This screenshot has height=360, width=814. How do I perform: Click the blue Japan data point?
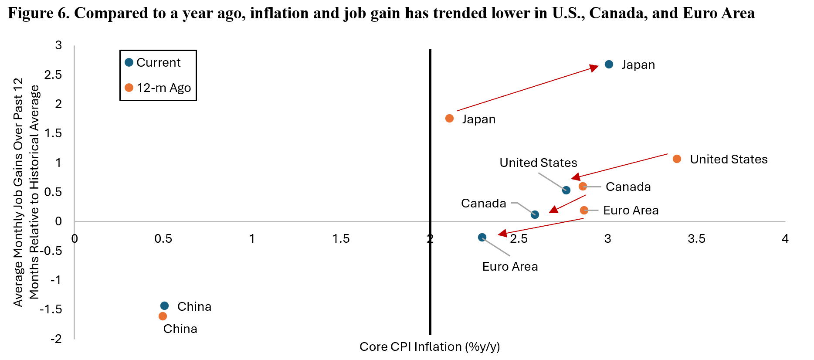point(609,65)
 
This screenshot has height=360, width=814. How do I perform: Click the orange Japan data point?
point(450,119)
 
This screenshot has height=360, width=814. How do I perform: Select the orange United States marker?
point(677,159)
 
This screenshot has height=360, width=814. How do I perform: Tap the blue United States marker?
point(566,190)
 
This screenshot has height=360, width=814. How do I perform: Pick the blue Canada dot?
point(535,214)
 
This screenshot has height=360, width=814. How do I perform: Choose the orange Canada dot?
point(583,187)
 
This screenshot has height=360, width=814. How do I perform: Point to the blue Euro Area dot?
point(482,238)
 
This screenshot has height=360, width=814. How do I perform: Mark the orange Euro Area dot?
point(584,211)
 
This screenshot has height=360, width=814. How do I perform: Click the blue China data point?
point(164,306)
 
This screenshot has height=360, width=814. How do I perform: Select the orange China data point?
point(163,316)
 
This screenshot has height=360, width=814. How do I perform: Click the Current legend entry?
point(153,63)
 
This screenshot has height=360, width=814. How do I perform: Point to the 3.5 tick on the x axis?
point(696,239)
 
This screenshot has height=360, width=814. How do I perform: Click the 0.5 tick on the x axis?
point(163,239)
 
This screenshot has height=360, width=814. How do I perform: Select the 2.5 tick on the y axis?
point(54,75)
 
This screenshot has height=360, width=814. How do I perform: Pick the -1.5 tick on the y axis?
point(51,309)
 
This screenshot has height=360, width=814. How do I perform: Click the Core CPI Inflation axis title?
point(430,347)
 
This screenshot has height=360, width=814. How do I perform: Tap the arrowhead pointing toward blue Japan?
point(594,68)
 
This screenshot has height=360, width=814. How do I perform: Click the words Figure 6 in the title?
point(38,13)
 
